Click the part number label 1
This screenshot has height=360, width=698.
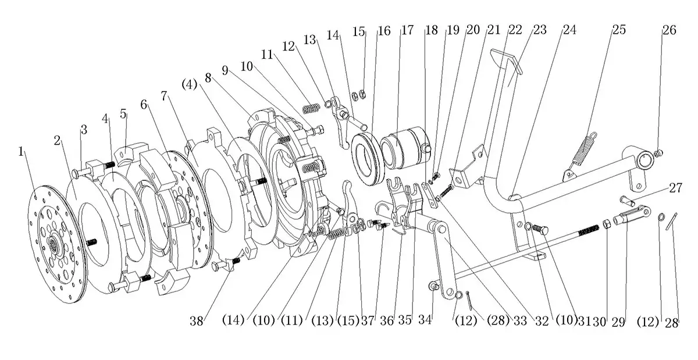21,152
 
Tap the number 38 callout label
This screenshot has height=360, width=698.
197,321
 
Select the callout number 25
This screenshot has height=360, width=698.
619,30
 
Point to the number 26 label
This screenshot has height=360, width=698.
669,30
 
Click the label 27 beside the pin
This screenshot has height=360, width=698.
675,188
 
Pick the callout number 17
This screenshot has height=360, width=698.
407,30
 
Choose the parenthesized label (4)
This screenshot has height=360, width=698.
189,84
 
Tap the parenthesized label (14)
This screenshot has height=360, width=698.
233,320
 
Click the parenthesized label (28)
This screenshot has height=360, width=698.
497,320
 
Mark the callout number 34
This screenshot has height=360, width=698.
425,320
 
